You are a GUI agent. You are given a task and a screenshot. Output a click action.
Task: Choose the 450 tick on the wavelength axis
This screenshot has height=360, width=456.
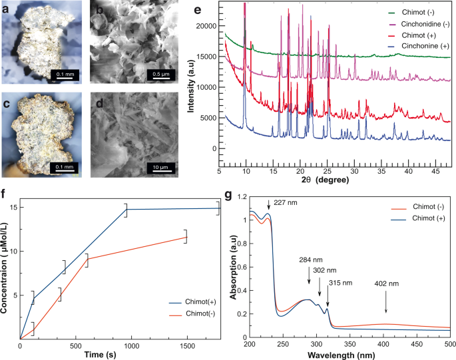(x=416, y=344)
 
